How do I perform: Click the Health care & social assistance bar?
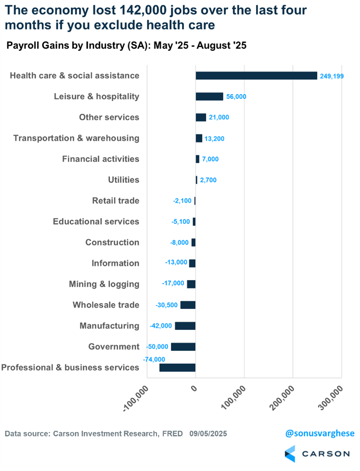tap(256, 76)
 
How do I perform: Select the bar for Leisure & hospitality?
tap(209, 96)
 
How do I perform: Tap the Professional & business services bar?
tap(177, 368)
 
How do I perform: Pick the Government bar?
tap(183, 347)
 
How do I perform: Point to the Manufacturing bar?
tap(185, 326)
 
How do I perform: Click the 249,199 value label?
tap(332, 76)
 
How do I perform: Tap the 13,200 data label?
tap(214, 139)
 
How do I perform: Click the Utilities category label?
tap(124, 180)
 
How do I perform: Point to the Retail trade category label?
tap(116, 200)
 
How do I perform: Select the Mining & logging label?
tap(104, 284)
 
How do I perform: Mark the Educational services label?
tap(96, 221)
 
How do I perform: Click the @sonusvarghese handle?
tap(320, 433)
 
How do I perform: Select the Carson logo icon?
tap(290, 453)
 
